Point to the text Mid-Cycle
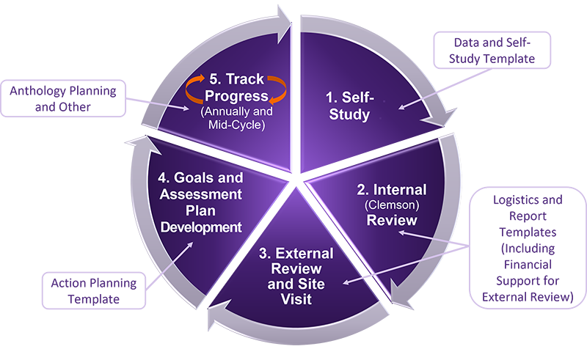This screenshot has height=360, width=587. pyautogui.click(x=235, y=125)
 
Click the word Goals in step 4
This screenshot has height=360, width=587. pyautogui.click(x=196, y=178)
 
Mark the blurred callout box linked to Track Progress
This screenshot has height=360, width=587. pyautogui.click(x=62, y=96)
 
